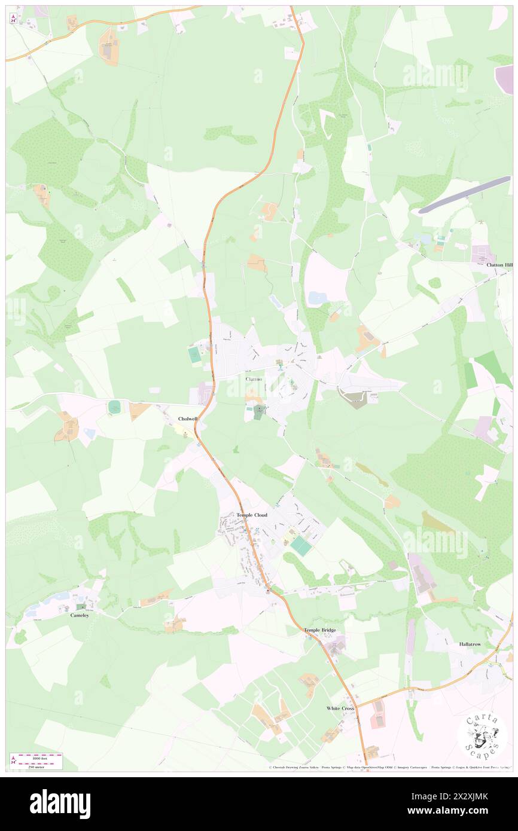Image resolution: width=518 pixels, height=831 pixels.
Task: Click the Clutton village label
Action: pyautogui.click(x=254, y=379)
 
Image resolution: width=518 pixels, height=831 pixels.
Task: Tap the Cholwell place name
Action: pyautogui.click(x=187, y=418)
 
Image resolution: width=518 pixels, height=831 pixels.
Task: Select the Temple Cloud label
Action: pyautogui.click(x=251, y=515)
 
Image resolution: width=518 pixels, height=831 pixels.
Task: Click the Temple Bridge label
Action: pyautogui.click(x=320, y=630)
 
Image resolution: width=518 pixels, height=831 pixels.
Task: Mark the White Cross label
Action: pyautogui.click(x=340, y=708)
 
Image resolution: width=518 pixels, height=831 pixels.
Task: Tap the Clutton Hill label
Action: pyautogui.click(x=499, y=264)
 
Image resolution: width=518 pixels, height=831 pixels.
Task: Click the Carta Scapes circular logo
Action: pyautogui.click(x=482, y=735)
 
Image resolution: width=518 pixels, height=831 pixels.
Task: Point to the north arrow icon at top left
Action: pyautogui.click(x=13, y=18)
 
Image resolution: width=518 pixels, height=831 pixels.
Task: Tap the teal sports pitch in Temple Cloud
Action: pyautogui.click(x=301, y=546)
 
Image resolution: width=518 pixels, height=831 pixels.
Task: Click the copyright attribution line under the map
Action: pyautogui.click(x=389, y=767)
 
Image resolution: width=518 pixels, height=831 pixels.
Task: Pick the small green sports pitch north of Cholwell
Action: pyautogui.click(x=114, y=407)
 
